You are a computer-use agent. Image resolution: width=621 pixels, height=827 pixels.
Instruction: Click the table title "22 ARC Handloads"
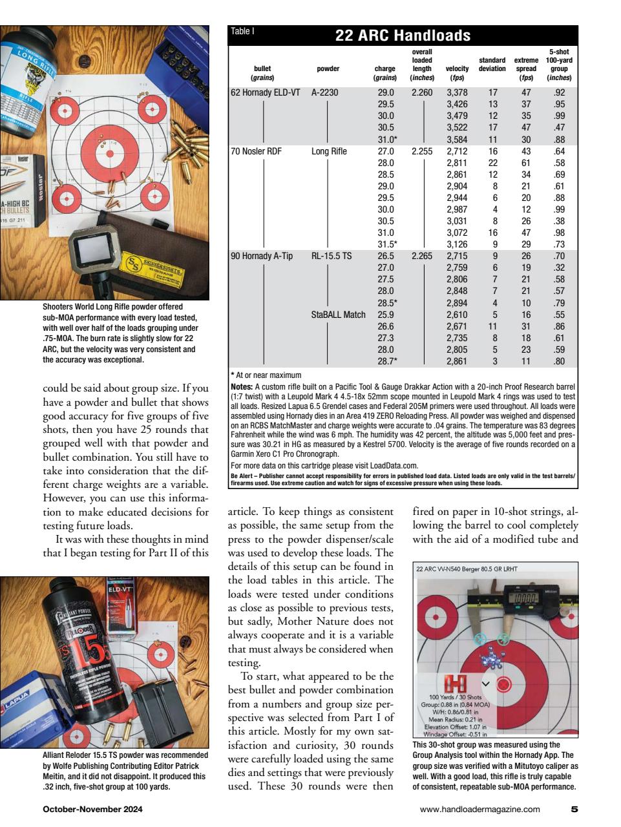(x=402, y=35)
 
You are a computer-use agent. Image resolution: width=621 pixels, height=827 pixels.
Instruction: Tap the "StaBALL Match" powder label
(x=338, y=315)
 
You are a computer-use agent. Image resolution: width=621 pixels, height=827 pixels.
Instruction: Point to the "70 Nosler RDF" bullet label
(x=257, y=151)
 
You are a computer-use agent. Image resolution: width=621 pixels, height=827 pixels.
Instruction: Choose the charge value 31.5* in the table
(x=386, y=244)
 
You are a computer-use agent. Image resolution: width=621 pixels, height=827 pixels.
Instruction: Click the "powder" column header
(x=328, y=69)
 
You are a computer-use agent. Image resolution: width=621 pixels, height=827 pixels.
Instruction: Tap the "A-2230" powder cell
(x=325, y=92)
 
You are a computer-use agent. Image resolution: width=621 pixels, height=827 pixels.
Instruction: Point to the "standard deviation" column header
(x=492, y=65)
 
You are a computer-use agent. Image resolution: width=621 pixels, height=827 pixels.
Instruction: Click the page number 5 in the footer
(x=574, y=808)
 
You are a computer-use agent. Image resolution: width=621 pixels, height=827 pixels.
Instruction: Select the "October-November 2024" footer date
(x=92, y=809)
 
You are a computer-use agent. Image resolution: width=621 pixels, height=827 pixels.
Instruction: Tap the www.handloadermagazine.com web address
(x=479, y=809)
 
